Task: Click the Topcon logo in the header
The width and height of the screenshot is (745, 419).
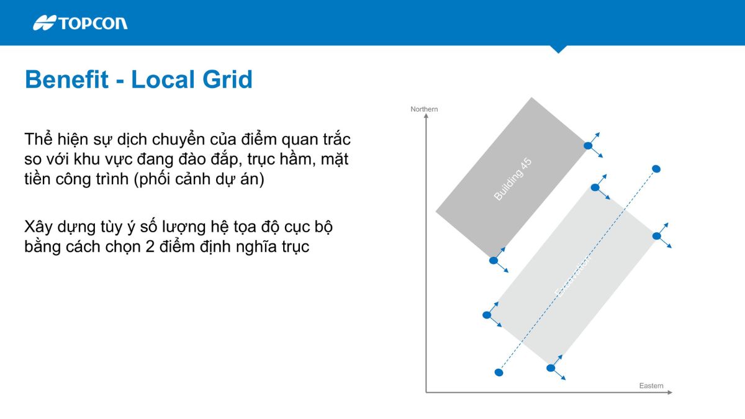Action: (x=80, y=23)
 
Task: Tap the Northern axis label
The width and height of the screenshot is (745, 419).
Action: (x=424, y=109)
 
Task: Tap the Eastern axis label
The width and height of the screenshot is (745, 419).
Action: (x=651, y=386)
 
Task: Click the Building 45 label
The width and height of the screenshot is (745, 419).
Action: (x=513, y=179)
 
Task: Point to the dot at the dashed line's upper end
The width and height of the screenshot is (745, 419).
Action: (x=656, y=168)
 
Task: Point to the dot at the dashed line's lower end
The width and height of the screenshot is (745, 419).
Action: (x=499, y=372)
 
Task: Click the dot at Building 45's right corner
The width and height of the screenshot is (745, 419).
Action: (x=587, y=145)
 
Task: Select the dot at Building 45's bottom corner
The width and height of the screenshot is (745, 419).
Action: (x=494, y=261)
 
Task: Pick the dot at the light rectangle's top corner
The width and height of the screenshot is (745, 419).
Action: (x=595, y=187)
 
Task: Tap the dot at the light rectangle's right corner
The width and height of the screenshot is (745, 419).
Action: (x=656, y=236)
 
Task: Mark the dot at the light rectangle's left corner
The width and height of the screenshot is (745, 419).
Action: (x=487, y=315)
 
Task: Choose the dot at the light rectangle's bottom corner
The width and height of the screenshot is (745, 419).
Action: (x=550, y=368)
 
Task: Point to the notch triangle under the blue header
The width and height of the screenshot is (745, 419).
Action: (x=558, y=49)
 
